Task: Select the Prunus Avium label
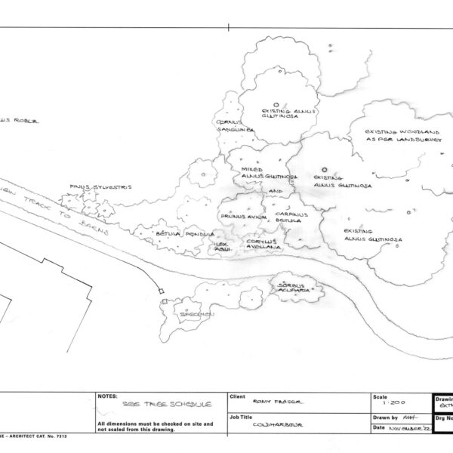[239, 217]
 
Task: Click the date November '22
[405, 428]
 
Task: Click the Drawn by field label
[385, 417]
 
